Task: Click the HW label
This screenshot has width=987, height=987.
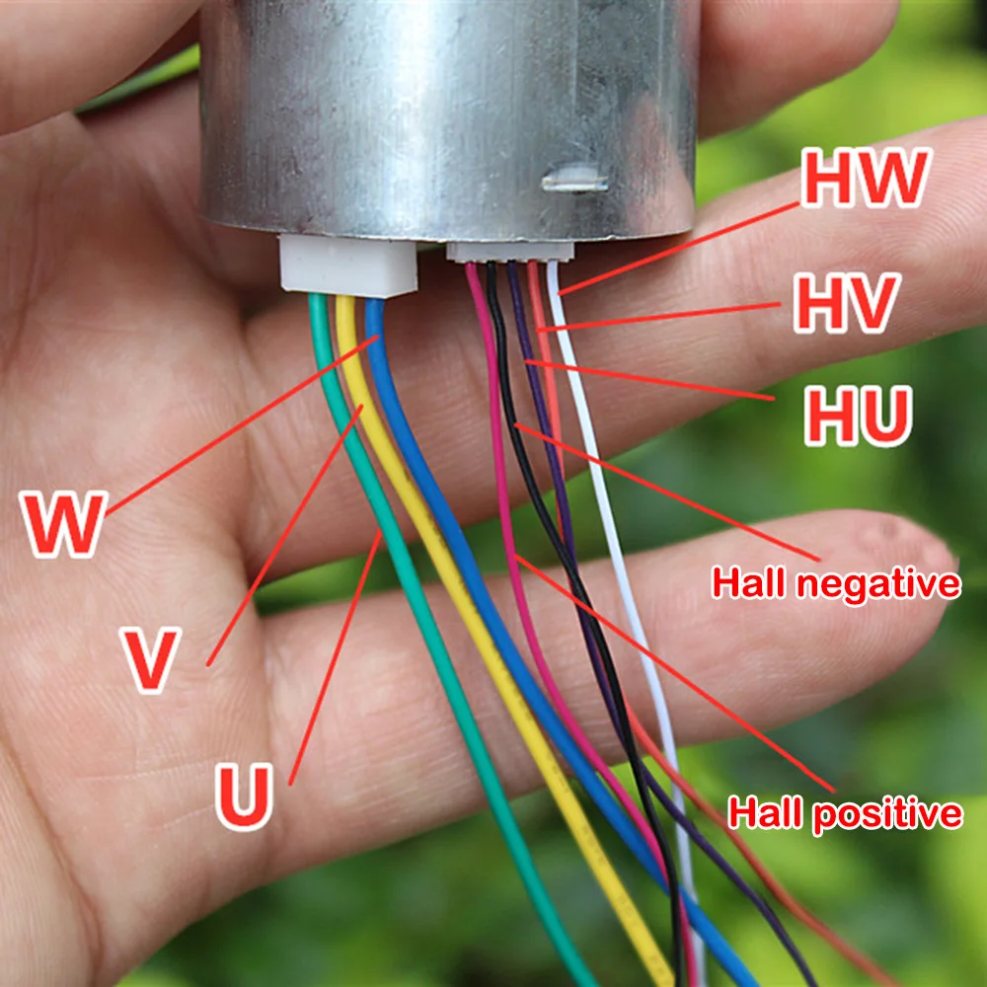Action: (866, 180)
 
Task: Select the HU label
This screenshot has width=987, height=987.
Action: (856, 415)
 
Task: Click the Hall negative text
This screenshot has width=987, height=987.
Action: (835, 583)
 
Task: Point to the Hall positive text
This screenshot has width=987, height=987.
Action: (845, 813)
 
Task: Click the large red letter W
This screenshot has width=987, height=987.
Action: (65, 523)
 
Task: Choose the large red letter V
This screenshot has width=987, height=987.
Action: (150, 659)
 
